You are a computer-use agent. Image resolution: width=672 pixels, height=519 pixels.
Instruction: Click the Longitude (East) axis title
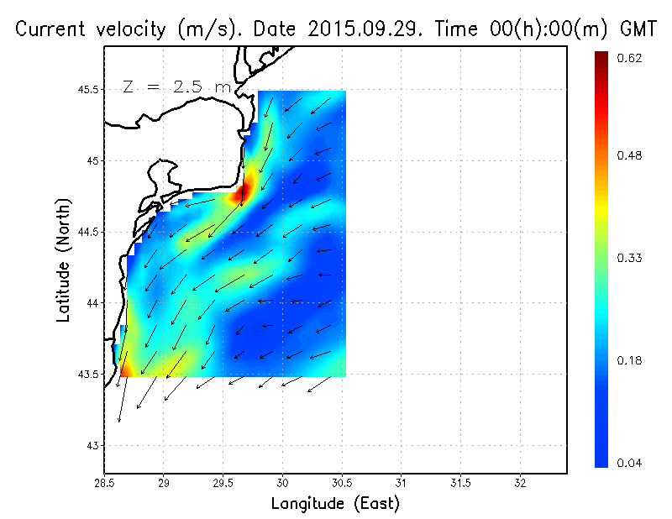335,504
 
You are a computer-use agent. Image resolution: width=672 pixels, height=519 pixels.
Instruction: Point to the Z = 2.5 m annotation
176,86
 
